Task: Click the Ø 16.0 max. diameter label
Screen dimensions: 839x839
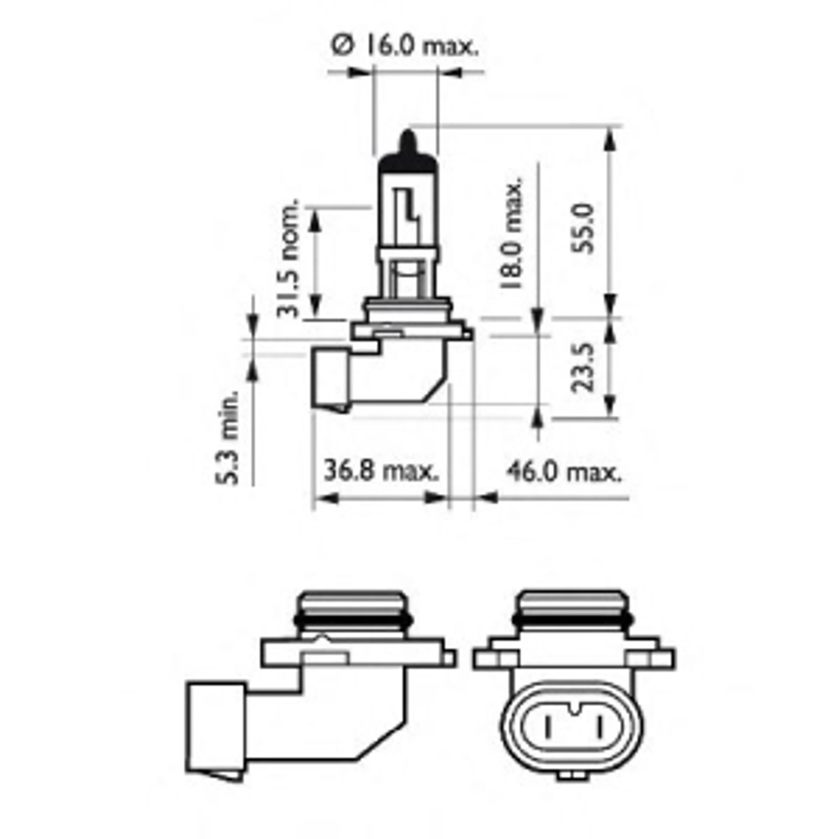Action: point(405,46)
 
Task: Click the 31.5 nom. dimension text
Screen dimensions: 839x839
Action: point(288,258)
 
